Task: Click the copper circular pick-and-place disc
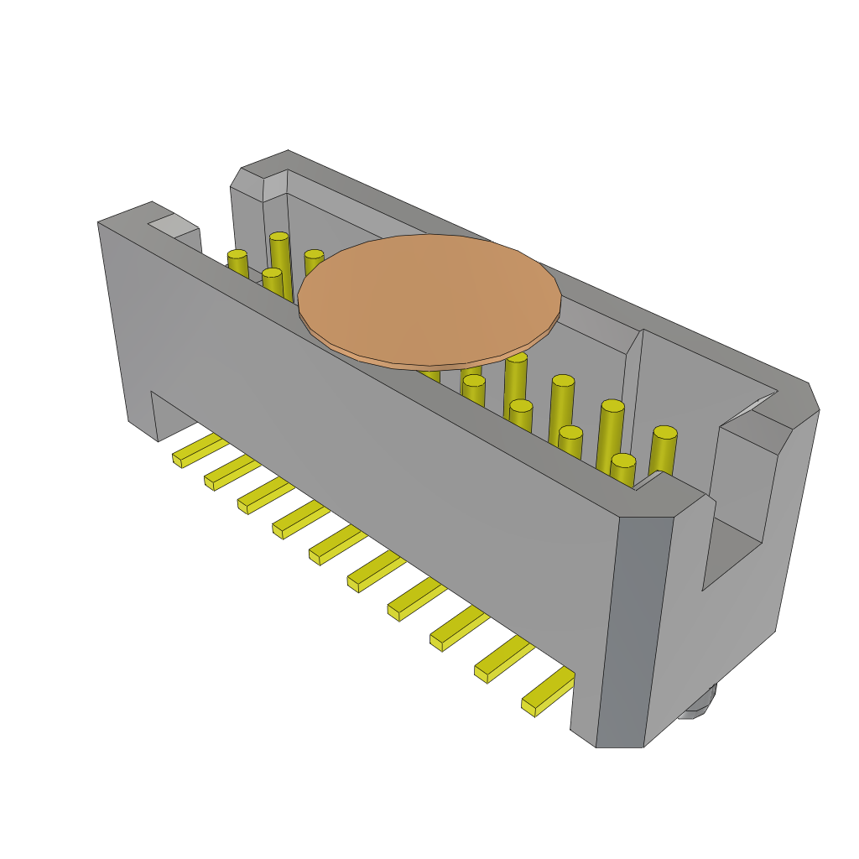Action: pyautogui.click(x=429, y=298)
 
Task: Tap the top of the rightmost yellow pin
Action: pyautogui.click(x=664, y=433)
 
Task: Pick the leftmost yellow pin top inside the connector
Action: pyautogui.click(x=237, y=254)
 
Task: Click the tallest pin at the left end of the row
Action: pyautogui.click(x=280, y=252)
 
